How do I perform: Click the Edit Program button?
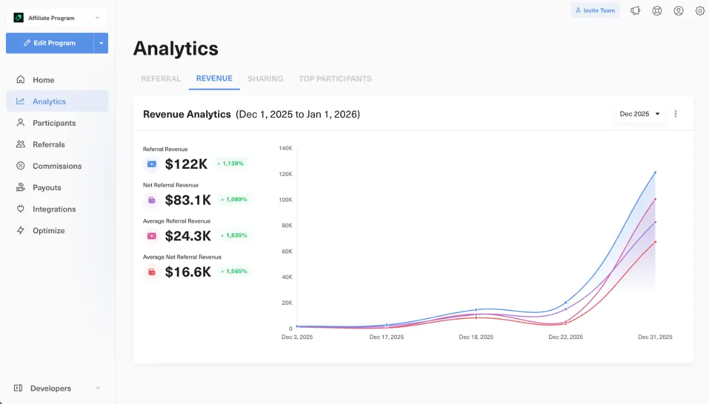(50, 43)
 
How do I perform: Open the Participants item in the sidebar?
(54, 123)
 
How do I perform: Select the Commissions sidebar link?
(57, 166)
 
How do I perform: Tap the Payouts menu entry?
(47, 188)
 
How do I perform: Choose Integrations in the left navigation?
(54, 209)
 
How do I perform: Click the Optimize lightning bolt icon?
(21, 230)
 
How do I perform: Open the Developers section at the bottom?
(51, 388)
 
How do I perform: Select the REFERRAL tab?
(161, 79)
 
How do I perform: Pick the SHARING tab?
(265, 79)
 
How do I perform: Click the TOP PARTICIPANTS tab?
(335, 79)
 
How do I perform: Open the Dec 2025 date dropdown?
(639, 114)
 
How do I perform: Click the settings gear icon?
(700, 11)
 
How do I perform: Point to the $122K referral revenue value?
(186, 164)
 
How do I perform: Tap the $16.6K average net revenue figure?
(188, 272)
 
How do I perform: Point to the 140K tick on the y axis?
(285, 148)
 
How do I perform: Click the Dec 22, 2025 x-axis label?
(565, 337)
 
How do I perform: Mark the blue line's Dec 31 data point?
(655, 172)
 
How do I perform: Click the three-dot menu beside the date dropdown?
(675, 114)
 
